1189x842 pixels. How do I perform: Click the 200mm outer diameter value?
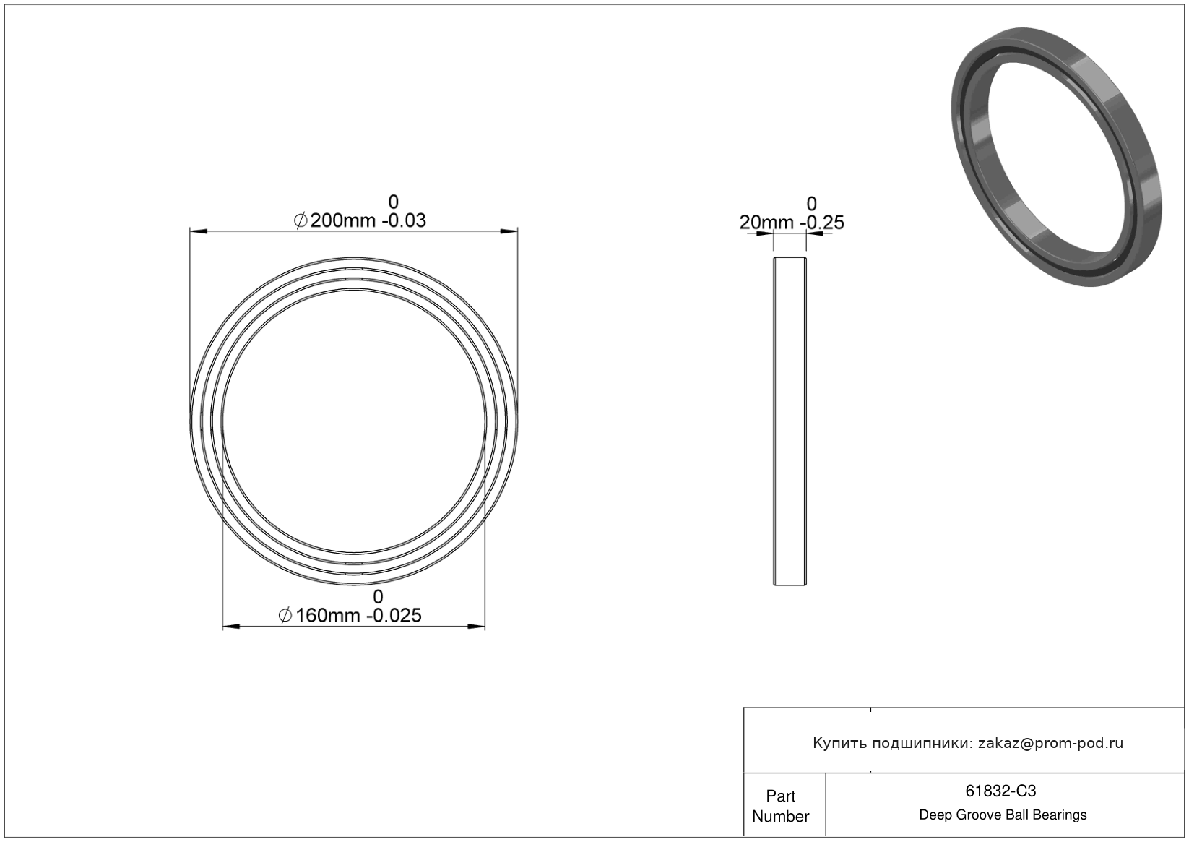click(x=343, y=220)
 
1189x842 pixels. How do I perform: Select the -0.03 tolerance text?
click(x=404, y=220)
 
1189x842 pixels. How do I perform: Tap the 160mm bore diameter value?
click(x=328, y=615)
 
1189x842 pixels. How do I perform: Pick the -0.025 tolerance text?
click(x=397, y=615)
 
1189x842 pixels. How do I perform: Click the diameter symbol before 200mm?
click(x=301, y=220)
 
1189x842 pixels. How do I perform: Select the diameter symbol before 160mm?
click(x=285, y=615)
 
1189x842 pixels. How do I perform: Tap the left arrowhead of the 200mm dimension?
click(x=199, y=231)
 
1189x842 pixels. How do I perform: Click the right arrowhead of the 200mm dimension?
click(x=509, y=231)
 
